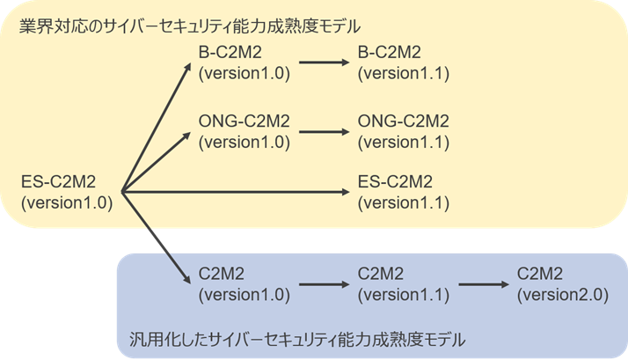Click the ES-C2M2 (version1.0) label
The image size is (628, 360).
coord(67,192)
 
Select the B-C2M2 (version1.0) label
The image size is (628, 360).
coord(244,62)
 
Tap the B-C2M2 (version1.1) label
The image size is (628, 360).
coord(404,62)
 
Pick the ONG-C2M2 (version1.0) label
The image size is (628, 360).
coord(244,131)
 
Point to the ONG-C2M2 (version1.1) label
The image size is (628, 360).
coord(404,131)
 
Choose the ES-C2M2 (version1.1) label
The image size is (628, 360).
coord(404,192)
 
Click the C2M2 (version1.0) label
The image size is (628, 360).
coord(244,284)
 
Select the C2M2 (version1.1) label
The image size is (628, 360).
coord(404,284)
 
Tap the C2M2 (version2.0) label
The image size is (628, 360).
coord(563,284)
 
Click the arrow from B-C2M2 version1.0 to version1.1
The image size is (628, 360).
coord(324,62)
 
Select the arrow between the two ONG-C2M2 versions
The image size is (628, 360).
coord(324,131)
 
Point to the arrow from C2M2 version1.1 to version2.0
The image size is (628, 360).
coord(484,284)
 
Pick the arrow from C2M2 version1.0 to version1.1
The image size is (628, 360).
coord(324,284)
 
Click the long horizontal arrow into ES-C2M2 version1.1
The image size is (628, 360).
coord(236,192)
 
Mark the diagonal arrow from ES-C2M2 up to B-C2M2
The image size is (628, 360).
coord(157,127)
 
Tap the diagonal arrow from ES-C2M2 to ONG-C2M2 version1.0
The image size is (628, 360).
coord(157,162)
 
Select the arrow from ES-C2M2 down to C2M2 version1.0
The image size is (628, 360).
coord(157,239)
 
